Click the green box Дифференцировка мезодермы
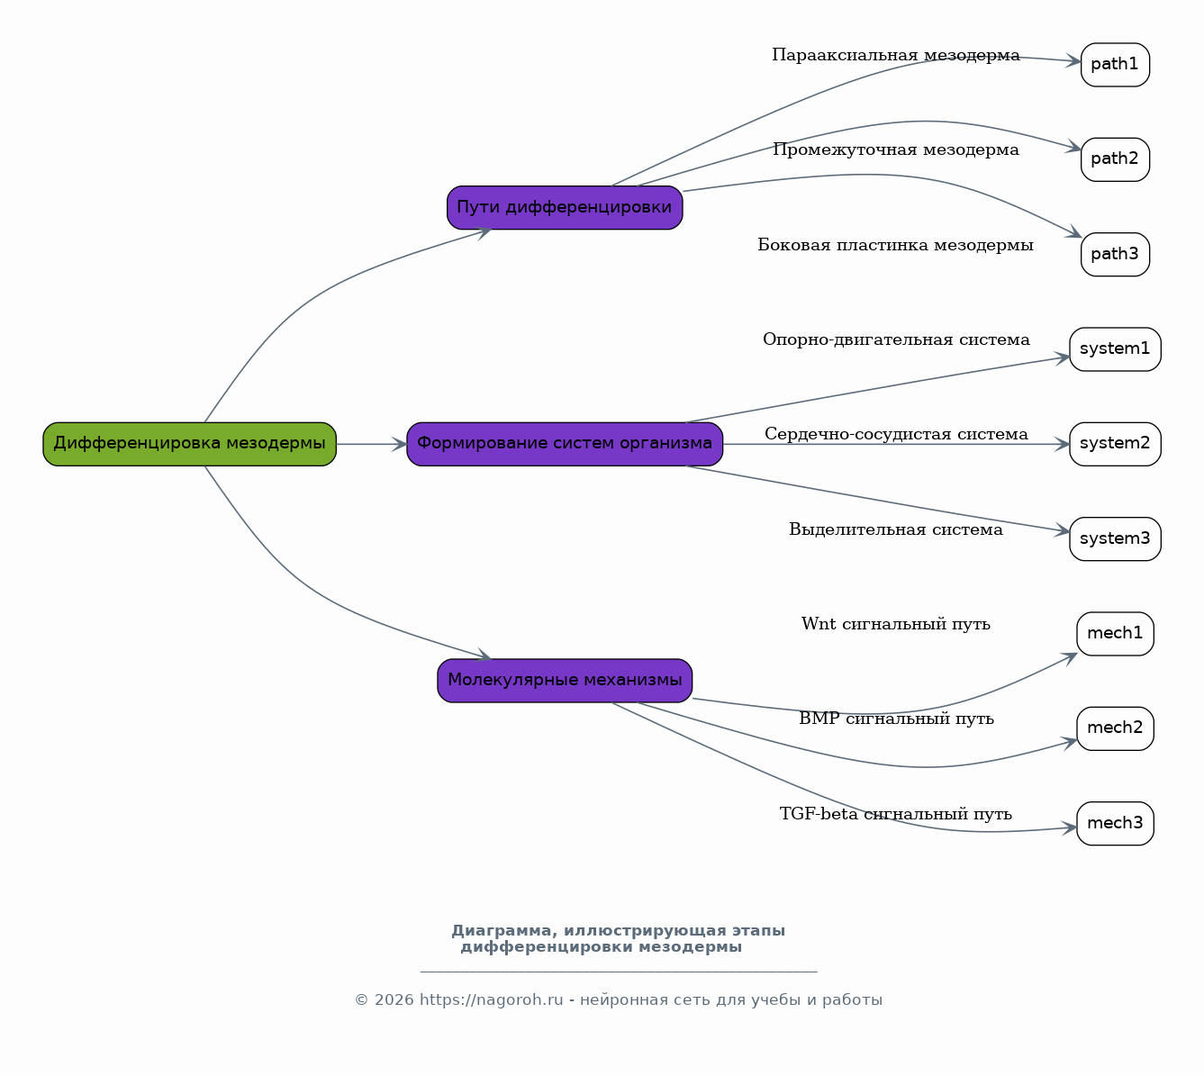[x=190, y=445]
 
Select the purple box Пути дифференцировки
[x=565, y=208]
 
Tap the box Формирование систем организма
[x=565, y=445]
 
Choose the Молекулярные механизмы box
[x=565, y=681]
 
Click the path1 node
[x=1115, y=65]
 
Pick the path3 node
[x=1115, y=254]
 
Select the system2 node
[x=1115, y=445]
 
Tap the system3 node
[x=1115, y=538]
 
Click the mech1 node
[x=1115, y=634]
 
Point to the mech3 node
[x=1115, y=824]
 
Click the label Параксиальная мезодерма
[x=896, y=55]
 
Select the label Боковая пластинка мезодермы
[x=896, y=245]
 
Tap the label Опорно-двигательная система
[x=896, y=339]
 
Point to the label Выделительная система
[x=896, y=529]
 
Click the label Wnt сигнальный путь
[x=896, y=624]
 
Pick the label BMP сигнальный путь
[x=896, y=719]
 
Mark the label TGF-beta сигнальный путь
[x=896, y=814]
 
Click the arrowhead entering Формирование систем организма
[x=400, y=445]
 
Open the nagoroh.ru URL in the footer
[x=491, y=1000]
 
